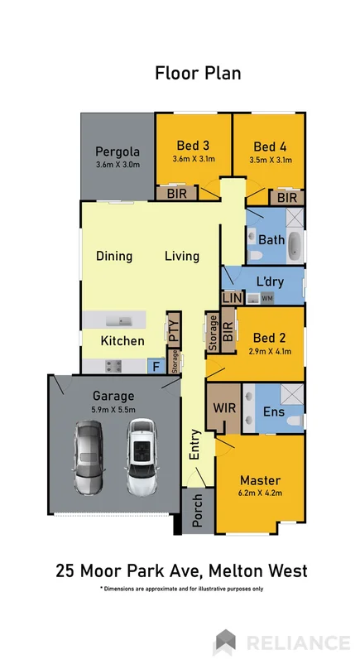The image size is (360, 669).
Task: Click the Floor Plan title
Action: click(198, 73)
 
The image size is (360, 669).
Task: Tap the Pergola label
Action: click(116, 152)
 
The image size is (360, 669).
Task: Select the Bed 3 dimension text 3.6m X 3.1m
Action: click(193, 160)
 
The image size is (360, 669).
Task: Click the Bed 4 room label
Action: click(270, 146)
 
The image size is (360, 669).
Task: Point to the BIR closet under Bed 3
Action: click(177, 194)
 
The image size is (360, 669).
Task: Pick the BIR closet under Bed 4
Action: click(287, 198)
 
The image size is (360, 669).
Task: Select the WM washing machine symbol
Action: click(266, 298)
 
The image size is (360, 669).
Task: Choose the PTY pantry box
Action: click(174, 328)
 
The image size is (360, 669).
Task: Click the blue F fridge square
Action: click(153, 364)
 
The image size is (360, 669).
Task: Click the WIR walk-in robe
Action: click(220, 407)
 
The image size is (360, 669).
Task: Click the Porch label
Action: click(198, 513)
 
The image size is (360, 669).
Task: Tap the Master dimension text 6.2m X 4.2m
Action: click(260, 496)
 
